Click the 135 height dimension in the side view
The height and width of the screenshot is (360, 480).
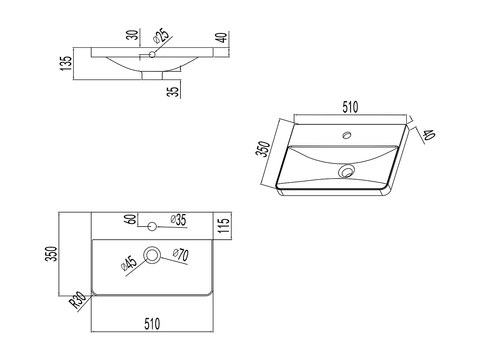pos(66,63)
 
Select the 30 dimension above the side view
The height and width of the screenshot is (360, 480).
pos(132,35)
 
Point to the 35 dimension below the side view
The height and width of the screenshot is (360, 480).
pos(173,92)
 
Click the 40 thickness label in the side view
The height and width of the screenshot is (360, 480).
pos(221,37)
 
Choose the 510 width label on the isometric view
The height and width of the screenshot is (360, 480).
pos(350,107)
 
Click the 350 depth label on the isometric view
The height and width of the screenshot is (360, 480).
pos(263,149)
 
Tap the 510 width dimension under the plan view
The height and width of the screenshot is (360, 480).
pos(152,324)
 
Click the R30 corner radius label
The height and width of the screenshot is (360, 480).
pos(77,300)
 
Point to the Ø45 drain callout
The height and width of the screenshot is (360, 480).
pos(129,263)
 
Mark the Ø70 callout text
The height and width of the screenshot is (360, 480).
pos(180,255)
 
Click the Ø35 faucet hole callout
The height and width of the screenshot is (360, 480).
pos(178,220)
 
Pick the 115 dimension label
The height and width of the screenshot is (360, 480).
pos(224,226)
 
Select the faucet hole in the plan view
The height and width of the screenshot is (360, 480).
pos(152,227)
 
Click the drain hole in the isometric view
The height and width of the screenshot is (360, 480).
pos(347,171)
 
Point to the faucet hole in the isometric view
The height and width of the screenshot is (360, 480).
pos(347,135)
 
